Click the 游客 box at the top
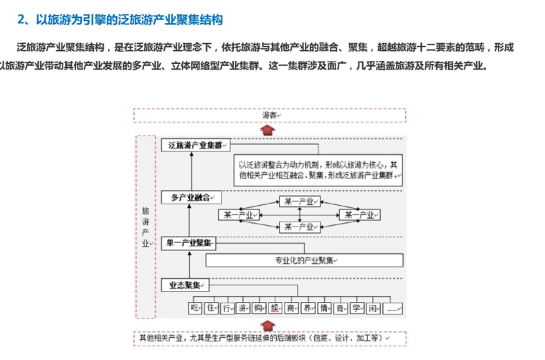point(270,115)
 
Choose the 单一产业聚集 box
point(191,242)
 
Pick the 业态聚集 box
point(185,285)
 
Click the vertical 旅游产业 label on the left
point(146,227)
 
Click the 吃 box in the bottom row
point(193,308)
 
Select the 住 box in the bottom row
point(211,308)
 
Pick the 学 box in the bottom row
point(355,308)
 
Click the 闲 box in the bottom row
point(372,308)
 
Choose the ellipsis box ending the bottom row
point(392,308)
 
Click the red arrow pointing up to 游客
point(267,128)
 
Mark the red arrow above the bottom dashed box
point(268,325)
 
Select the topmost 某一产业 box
point(300,202)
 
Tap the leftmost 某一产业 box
point(240,214)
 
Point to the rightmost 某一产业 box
point(359,214)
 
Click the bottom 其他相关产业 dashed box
point(270,338)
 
